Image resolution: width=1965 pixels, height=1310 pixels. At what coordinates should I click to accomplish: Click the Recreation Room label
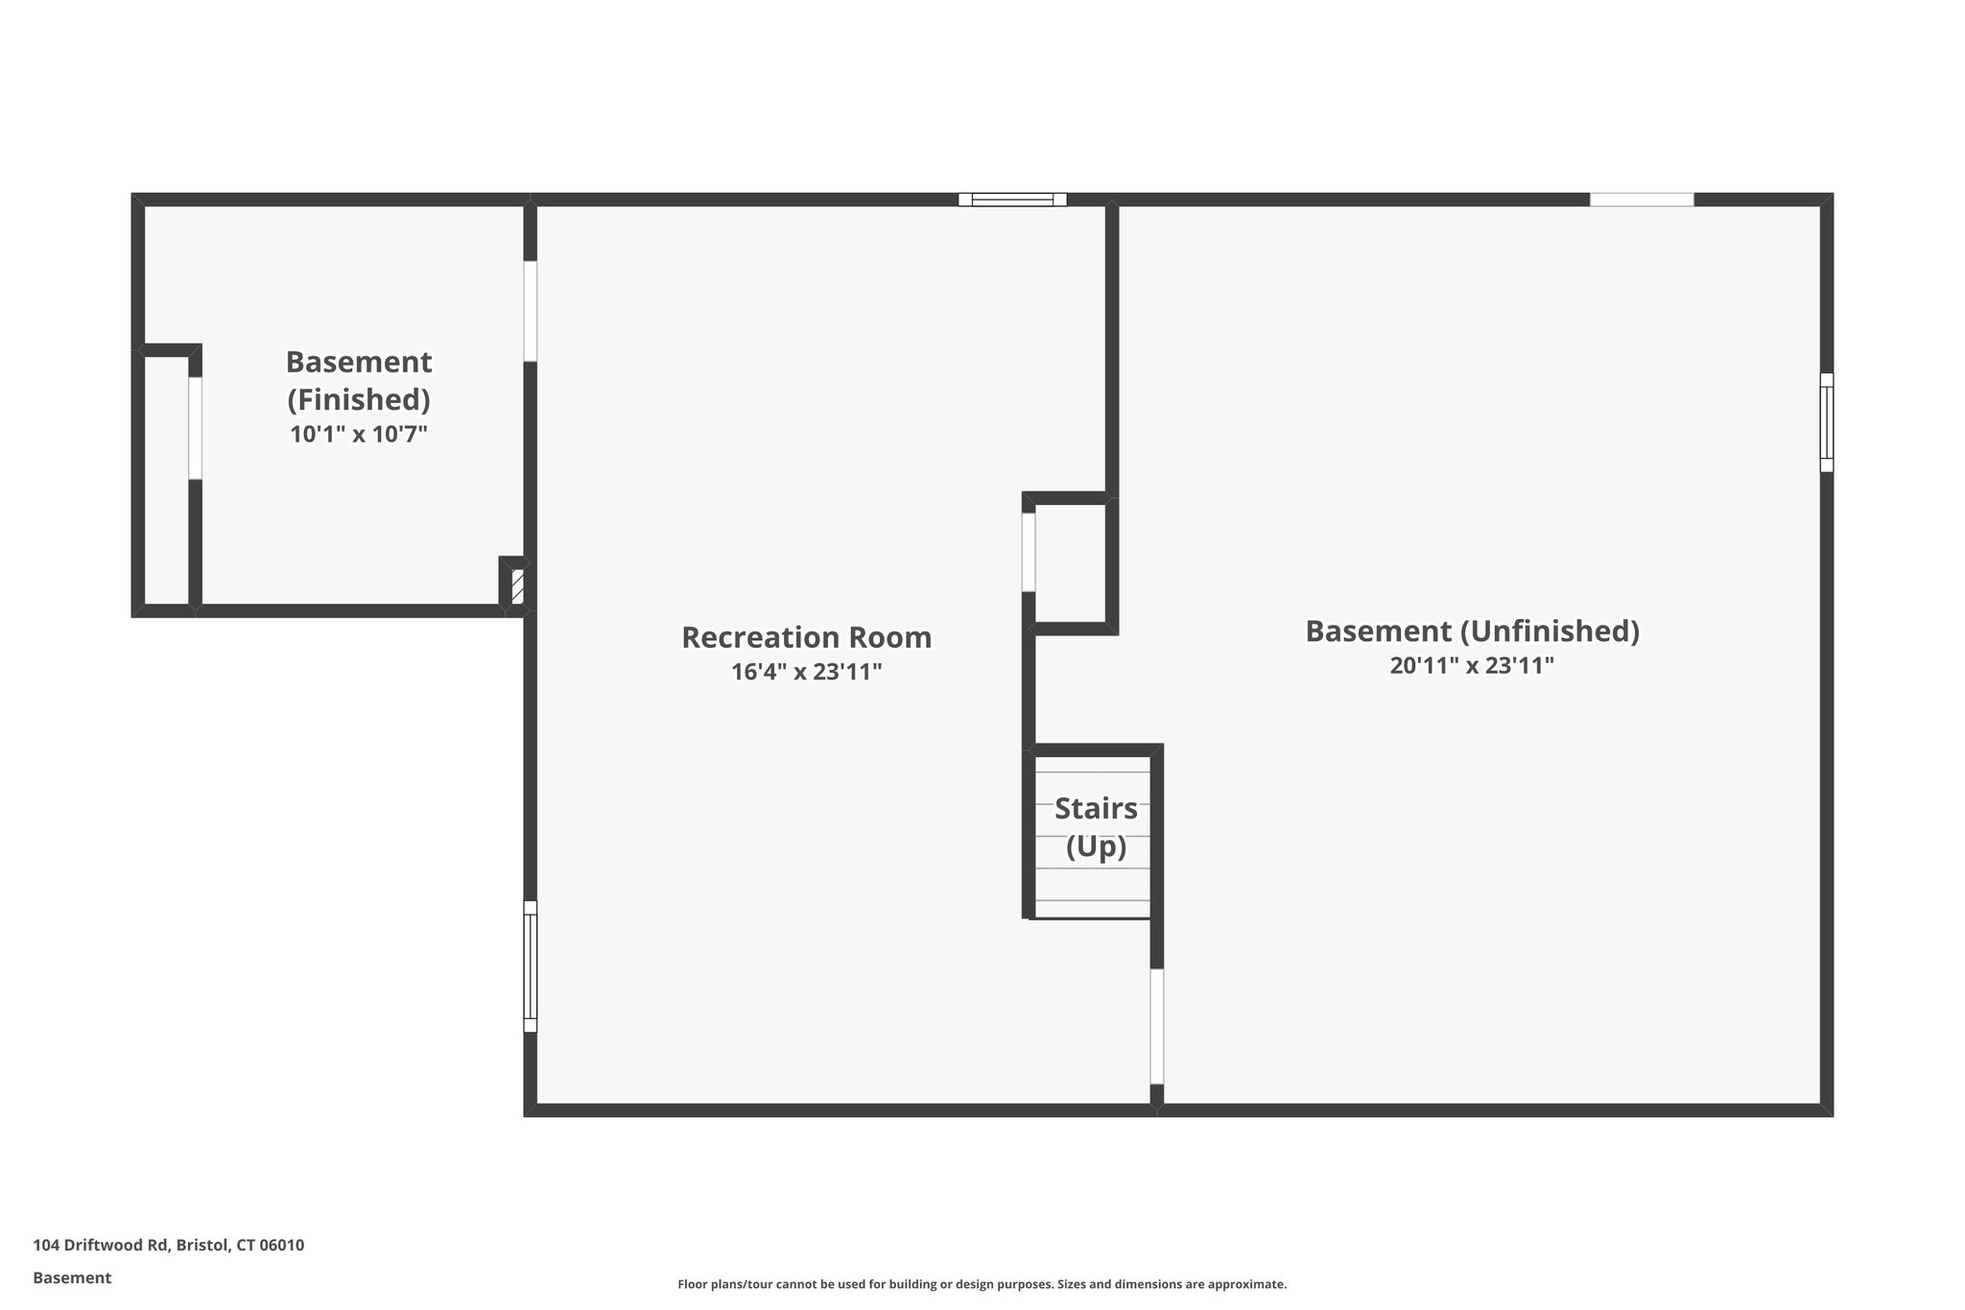[x=806, y=637]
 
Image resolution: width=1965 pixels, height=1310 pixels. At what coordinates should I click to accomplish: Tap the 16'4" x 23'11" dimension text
[x=806, y=672]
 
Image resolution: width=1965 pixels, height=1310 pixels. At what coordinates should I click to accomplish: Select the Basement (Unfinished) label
[x=1472, y=631]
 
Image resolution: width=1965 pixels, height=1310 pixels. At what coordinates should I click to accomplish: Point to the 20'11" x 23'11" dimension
[x=1472, y=665]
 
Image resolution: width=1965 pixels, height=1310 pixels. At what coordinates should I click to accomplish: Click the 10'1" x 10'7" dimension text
[x=358, y=434]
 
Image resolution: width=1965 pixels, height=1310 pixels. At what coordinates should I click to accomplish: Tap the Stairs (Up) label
[x=1096, y=827]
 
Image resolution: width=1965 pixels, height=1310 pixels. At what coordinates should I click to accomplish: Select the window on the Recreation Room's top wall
[x=1012, y=200]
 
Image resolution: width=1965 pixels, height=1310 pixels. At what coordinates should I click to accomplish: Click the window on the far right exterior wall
[x=1826, y=422]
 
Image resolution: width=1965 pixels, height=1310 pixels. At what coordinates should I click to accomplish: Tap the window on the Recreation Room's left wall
[x=530, y=966]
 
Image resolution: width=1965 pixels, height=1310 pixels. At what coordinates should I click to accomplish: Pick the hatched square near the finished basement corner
[x=517, y=586]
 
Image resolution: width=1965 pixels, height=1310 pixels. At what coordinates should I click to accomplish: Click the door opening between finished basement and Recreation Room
[x=530, y=311]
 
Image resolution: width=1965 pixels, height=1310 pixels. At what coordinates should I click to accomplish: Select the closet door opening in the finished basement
[x=195, y=428]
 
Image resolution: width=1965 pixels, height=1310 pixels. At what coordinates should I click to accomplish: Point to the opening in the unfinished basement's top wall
[x=1642, y=200]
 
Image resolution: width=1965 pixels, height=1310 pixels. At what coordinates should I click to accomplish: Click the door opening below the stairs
[x=1156, y=1026]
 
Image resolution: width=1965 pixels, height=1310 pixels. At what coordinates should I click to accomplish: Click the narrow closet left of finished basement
[x=166, y=480]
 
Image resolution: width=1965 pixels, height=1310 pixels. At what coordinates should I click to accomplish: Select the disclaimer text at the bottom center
[x=982, y=1284]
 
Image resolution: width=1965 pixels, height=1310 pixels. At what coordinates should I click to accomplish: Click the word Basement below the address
[x=72, y=1277]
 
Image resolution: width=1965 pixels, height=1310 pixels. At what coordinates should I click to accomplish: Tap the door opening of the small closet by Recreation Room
[x=1029, y=552]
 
